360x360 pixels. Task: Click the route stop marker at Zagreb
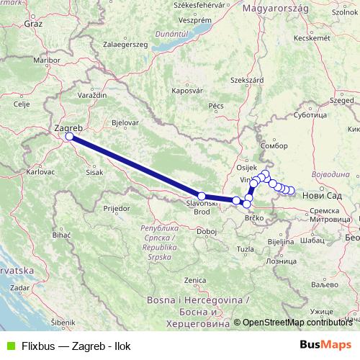pos(69,136)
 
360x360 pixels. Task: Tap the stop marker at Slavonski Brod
pos(202,196)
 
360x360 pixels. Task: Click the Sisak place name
pos(94,173)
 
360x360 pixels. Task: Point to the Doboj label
pos(207,231)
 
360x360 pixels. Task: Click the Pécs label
pos(217,106)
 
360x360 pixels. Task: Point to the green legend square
pos(9,345)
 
